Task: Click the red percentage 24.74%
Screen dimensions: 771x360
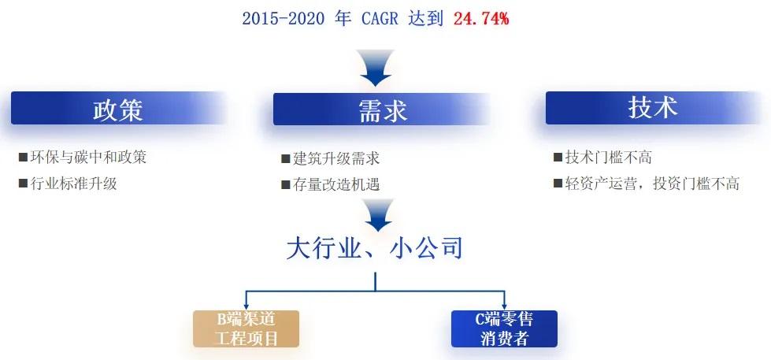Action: point(481,19)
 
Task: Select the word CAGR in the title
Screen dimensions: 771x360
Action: point(380,19)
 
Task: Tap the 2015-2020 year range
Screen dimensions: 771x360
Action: point(284,19)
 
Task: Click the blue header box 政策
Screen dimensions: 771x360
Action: point(118,108)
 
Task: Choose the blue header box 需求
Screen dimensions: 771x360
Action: point(382,109)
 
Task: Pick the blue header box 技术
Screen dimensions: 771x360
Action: point(653,108)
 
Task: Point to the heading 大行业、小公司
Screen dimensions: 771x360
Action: point(375,249)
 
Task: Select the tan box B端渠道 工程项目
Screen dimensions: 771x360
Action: point(246,328)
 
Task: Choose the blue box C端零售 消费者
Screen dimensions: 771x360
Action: point(504,328)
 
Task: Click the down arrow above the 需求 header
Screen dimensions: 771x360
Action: point(376,68)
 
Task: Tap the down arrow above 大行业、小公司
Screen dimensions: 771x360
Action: point(376,215)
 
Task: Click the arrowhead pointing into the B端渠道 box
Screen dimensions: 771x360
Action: point(246,306)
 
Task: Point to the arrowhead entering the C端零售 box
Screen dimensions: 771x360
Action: point(504,306)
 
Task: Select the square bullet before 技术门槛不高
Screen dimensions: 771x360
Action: point(558,158)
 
